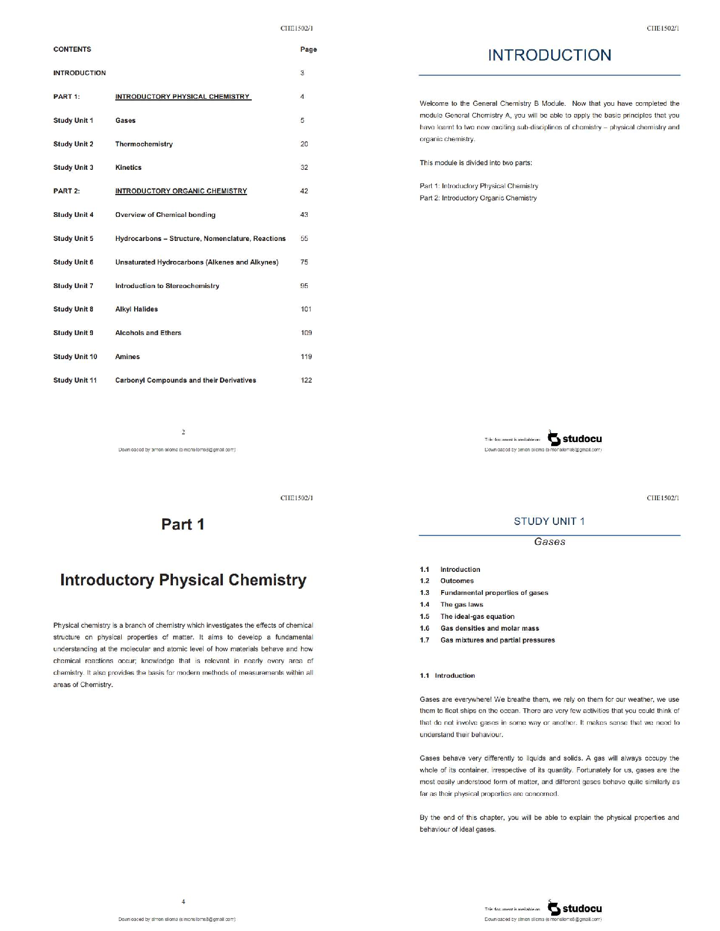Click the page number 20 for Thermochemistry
[x=304, y=144]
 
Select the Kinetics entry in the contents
[x=128, y=168]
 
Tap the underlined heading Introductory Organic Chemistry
[x=181, y=191]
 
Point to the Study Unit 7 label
[x=73, y=286]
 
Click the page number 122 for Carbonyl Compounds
[x=306, y=380]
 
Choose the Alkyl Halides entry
[x=136, y=309]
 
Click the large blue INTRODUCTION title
[x=549, y=55]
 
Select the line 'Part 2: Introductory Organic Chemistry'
[x=478, y=198]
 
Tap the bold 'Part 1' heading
[x=183, y=524]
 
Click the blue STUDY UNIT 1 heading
[x=549, y=521]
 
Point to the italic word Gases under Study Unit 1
[x=549, y=542]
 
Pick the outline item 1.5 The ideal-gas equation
[x=477, y=617]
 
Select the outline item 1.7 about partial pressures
[x=497, y=640]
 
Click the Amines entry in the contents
[x=128, y=357]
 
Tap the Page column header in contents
[x=308, y=49]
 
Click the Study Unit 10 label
[x=75, y=357]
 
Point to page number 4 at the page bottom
[x=184, y=902]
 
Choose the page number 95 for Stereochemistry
[x=304, y=286]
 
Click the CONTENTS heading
[x=72, y=49]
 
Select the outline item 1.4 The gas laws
[x=461, y=605]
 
